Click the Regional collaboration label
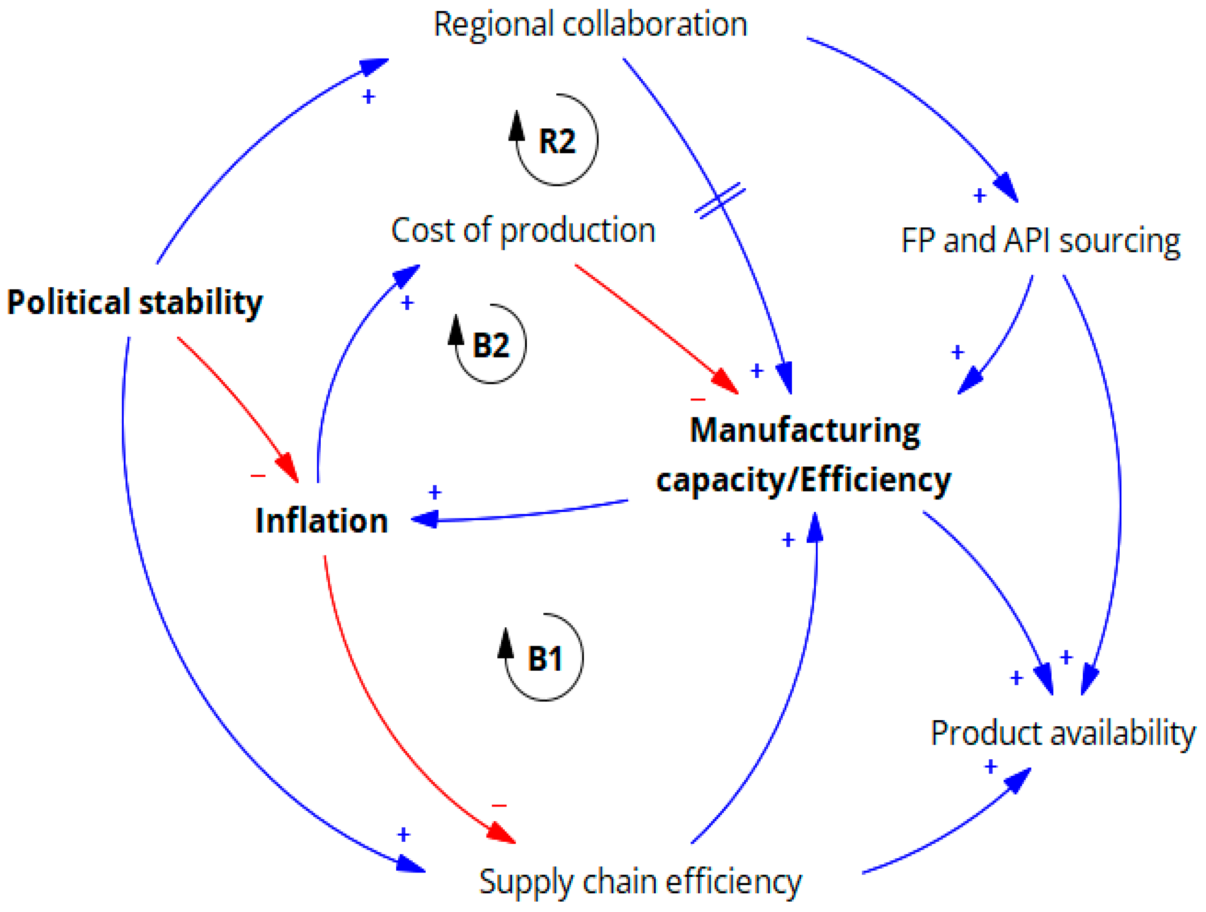[590, 25]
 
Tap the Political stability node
[134, 302]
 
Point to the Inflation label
[322, 521]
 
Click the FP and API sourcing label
[1040, 240]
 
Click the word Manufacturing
[805, 431]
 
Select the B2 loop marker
[490, 344]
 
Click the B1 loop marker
[544, 658]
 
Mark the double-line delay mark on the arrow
[720, 200]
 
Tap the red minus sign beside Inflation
[258, 476]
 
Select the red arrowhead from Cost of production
[726, 381]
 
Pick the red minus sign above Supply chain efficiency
[499, 805]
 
